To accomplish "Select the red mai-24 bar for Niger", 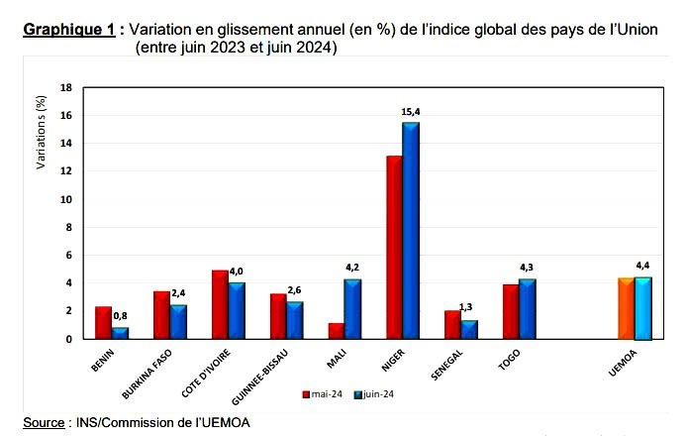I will click(394, 247).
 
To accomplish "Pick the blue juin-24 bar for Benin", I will click(120, 333).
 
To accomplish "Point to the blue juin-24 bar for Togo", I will click(527, 309).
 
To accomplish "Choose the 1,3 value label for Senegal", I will click(470, 308).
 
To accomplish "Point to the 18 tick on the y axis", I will click(67, 87).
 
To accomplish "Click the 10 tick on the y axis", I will click(67, 199).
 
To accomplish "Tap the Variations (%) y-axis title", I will click(41, 131).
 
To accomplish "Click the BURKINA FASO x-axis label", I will click(149, 372).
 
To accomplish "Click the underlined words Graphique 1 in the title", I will click(67, 29).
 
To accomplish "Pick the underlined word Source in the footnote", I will click(44, 423).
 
